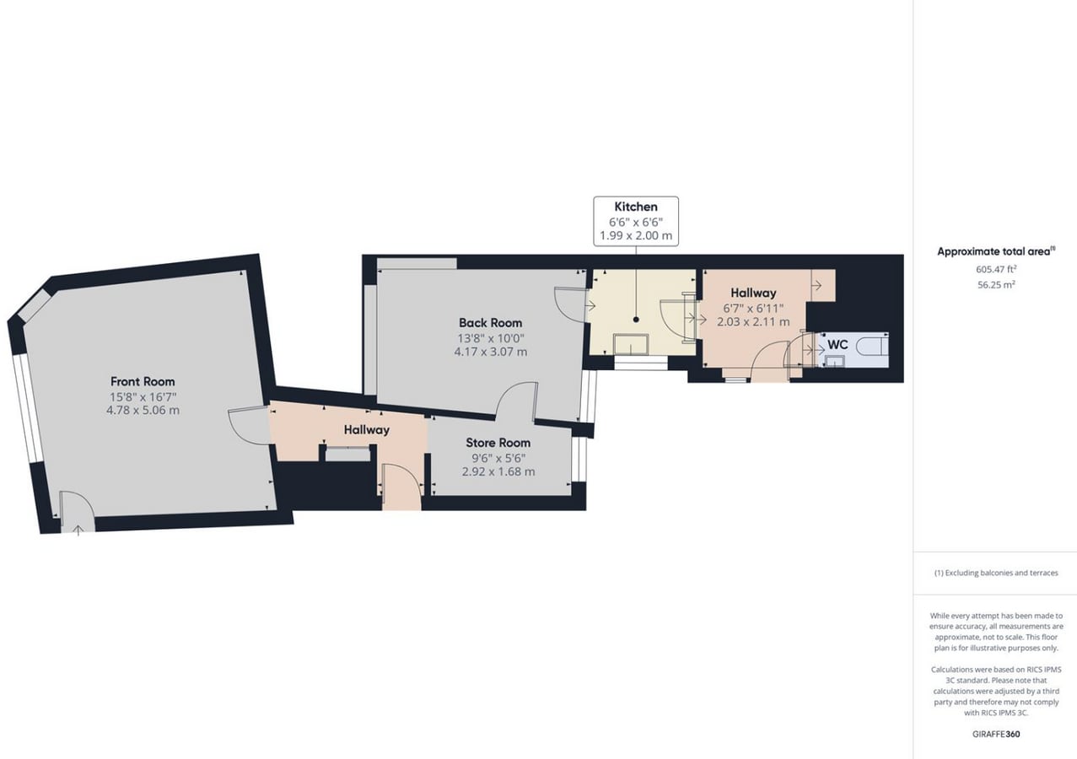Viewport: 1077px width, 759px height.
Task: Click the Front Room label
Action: (143, 381)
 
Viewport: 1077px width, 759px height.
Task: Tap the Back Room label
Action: (490, 322)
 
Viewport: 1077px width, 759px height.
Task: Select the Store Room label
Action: (498, 443)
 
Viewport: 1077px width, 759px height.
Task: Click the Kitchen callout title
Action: (635, 207)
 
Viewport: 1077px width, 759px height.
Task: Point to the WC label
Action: (837, 345)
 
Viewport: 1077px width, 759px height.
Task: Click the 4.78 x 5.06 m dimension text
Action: (143, 411)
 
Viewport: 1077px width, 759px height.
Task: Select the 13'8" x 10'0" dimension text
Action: (490, 337)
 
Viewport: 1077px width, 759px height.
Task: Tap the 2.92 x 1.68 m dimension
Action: (498, 471)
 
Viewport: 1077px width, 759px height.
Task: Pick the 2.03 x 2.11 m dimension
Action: (752, 321)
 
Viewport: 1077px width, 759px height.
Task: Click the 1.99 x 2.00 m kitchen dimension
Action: (635, 235)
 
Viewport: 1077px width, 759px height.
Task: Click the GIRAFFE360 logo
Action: (996, 734)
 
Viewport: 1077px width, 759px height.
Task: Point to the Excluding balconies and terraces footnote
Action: (996, 573)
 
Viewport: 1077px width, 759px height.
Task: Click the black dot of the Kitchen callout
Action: (636, 319)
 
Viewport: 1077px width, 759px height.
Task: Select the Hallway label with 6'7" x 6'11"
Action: (753, 293)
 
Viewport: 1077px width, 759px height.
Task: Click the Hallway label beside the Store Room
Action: (366, 430)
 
